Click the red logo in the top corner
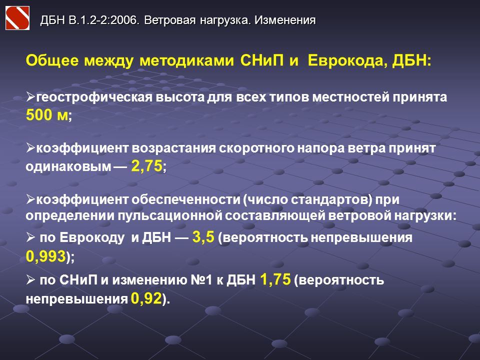pos(17,18)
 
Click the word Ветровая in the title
pos(170,20)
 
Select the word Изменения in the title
pos(285,20)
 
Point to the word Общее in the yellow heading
pos(52,60)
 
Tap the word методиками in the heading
pos(186,60)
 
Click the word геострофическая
pos(94,97)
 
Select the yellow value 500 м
pos(47,115)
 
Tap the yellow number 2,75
pos(146,166)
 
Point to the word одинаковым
pos(68,167)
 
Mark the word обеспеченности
pos(186,199)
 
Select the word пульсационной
pos(170,215)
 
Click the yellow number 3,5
pos(203,237)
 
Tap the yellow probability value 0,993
pos(46,256)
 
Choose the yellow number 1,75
pos(275,279)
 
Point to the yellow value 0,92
pos(146,298)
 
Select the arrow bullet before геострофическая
pos(30,97)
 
